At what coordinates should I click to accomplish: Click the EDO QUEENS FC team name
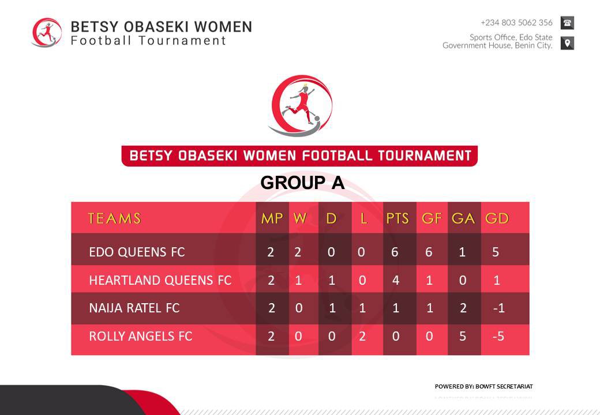(137, 252)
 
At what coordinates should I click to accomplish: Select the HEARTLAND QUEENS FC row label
(160, 280)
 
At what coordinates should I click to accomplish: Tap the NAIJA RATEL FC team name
(134, 308)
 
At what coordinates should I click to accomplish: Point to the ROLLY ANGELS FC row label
(140, 336)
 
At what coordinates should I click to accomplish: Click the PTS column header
(397, 218)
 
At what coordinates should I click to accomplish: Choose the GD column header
(497, 218)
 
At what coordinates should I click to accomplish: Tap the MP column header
(272, 218)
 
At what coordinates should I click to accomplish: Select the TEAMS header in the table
(114, 218)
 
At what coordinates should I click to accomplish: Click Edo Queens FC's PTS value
(395, 252)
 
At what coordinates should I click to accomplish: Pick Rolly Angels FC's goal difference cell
(498, 336)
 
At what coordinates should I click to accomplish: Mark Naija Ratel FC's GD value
(498, 308)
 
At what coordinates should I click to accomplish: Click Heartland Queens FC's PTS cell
(396, 280)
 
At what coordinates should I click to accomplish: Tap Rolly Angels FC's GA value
(463, 336)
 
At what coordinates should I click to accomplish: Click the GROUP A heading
(302, 183)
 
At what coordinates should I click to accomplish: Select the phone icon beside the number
(567, 23)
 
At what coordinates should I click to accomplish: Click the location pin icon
(567, 43)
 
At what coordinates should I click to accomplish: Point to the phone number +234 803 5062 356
(516, 23)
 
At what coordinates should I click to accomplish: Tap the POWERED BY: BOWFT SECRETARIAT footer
(483, 386)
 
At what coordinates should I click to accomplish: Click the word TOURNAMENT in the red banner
(425, 156)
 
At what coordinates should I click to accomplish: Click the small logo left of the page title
(47, 32)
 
